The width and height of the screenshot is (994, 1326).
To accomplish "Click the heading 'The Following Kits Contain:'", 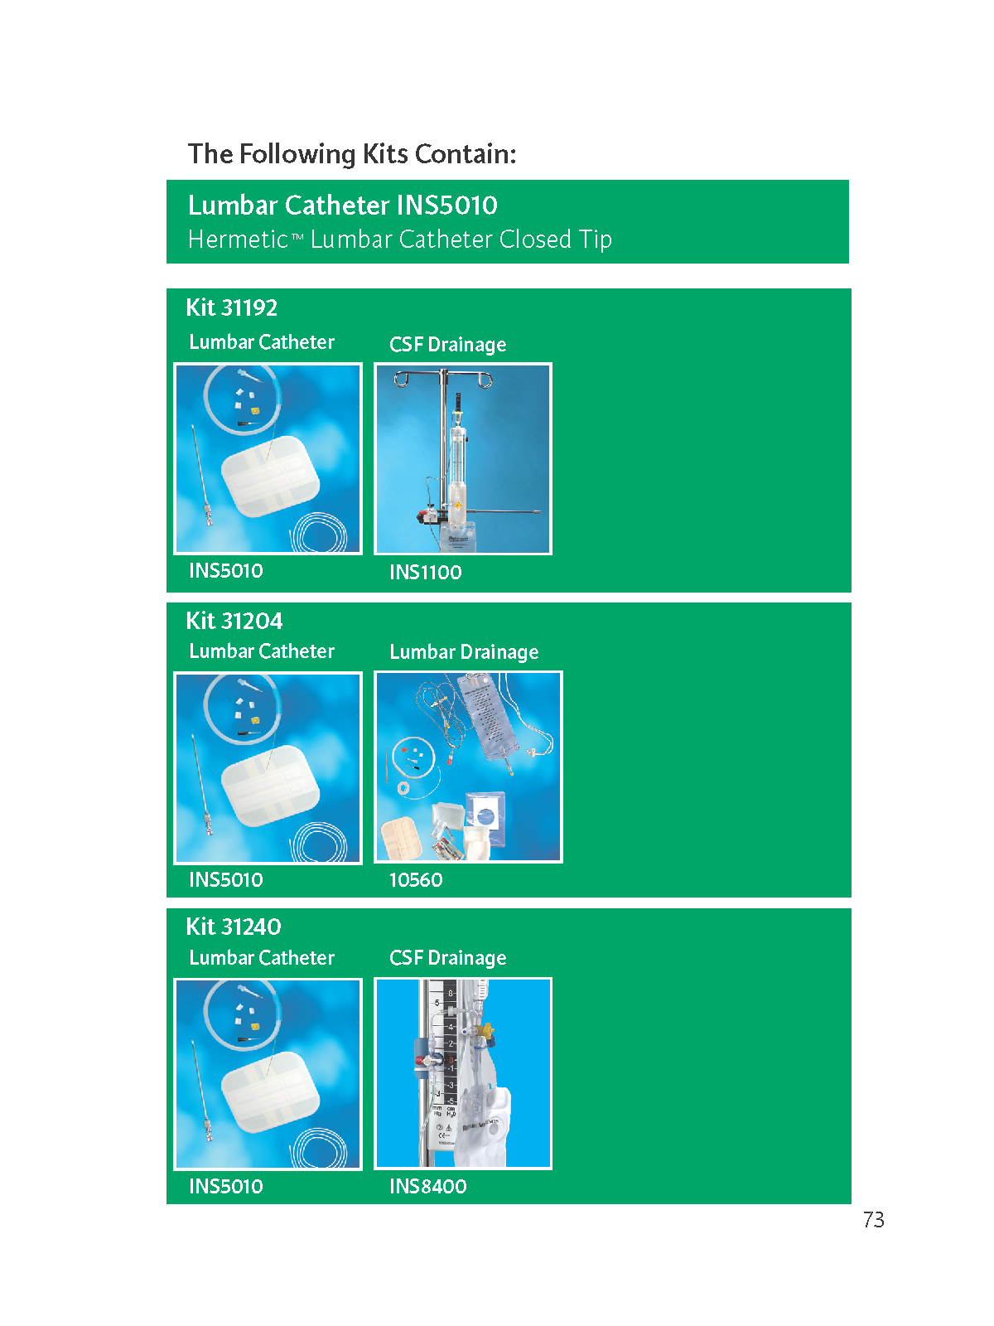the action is (352, 154).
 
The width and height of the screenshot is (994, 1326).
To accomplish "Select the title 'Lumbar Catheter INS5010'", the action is (342, 206).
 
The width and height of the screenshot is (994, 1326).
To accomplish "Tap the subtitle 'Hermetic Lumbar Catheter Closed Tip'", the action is (399, 240).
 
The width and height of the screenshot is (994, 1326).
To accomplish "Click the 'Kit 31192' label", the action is (232, 308).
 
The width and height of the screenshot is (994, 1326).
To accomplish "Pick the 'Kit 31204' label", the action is (234, 621).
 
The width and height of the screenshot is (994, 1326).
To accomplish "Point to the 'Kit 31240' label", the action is (234, 927).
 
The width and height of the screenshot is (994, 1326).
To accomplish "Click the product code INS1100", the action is (426, 572).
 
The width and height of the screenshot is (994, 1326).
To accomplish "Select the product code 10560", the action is (416, 879).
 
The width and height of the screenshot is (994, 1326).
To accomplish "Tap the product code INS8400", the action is (428, 1187).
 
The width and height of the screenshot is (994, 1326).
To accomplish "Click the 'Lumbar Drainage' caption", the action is (464, 652).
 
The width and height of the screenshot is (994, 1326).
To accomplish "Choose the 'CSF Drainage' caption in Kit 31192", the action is (448, 344).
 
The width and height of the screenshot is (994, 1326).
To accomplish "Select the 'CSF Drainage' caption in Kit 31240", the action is (448, 957).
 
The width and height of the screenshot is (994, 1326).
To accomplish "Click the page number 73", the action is (873, 1220).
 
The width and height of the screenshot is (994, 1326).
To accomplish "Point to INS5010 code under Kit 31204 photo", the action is (225, 879).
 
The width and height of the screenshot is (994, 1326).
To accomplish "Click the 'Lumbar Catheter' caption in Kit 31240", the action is (261, 957).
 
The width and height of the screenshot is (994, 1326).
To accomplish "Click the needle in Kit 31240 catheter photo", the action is (201, 1091).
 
